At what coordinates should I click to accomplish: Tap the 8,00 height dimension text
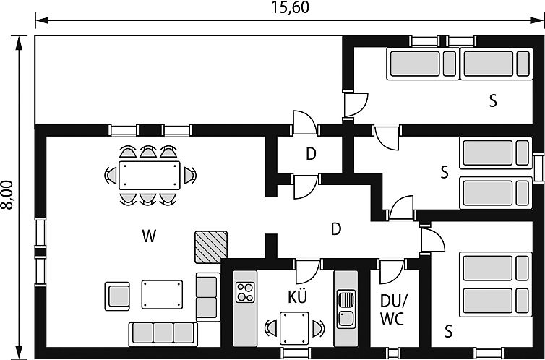(7, 195)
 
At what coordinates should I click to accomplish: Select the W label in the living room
(150, 235)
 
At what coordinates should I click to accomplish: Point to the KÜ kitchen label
(297, 296)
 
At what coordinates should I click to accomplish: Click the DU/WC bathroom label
(393, 309)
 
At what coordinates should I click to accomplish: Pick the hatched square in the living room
(210, 247)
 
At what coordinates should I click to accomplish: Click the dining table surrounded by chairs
(150, 176)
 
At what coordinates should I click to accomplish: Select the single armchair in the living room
(118, 295)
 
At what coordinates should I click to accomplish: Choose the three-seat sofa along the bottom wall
(163, 333)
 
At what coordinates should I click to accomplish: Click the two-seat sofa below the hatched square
(207, 296)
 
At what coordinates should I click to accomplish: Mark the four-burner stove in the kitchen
(246, 291)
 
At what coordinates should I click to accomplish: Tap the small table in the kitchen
(294, 327)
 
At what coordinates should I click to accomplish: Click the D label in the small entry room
(311, 153)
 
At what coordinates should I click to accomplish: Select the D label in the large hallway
(335, 229)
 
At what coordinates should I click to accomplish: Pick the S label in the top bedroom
(492, 100)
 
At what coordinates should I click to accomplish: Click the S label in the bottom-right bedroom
(448, 332)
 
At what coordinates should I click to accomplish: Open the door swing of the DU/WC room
(391, 272)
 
